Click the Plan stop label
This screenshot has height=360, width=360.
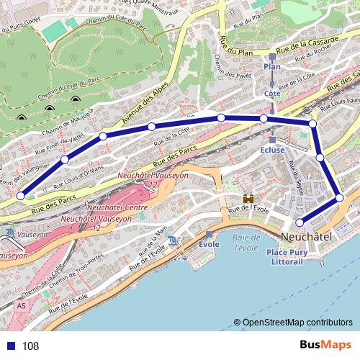click(x=272, y=66)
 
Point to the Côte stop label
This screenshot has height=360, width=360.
click(x=272, y=94)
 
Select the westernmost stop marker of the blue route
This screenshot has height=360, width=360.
click(x=21, y=195)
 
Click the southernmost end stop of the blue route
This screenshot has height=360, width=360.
click(x=300, y=223)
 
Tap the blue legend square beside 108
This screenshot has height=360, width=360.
click(x=9, y=346)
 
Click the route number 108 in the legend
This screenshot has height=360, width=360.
click(x=30, y=346)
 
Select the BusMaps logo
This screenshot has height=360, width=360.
click(x=325, y=346)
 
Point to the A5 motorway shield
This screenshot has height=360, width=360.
click(x=21, y=305)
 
